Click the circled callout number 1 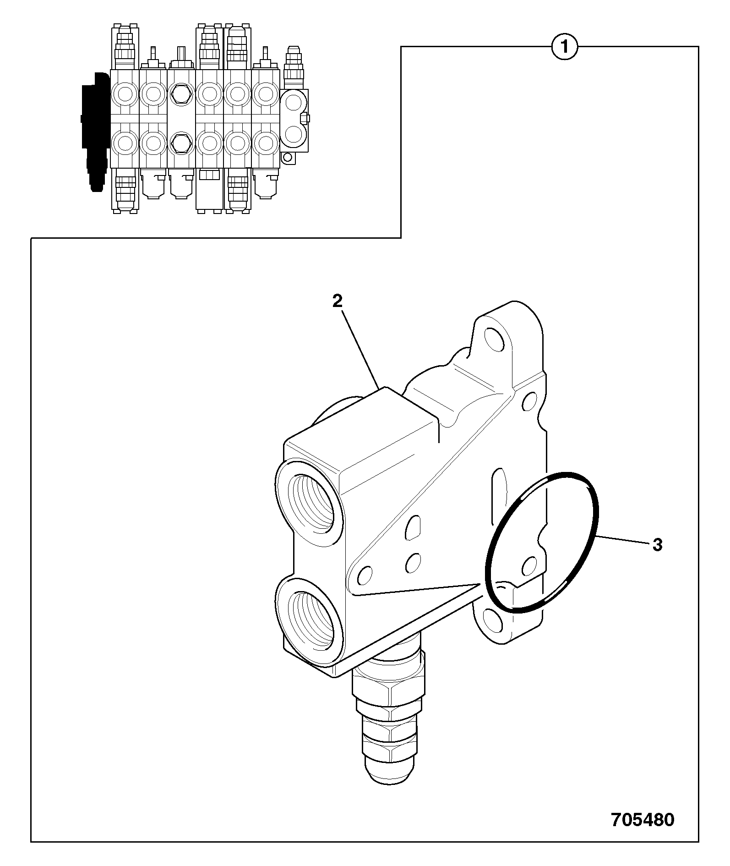tap(565, 47)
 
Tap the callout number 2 tap(337, 301)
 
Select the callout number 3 tap(657, 545)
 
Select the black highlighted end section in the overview tap(95, 131)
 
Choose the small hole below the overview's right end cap tap(287, 158)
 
